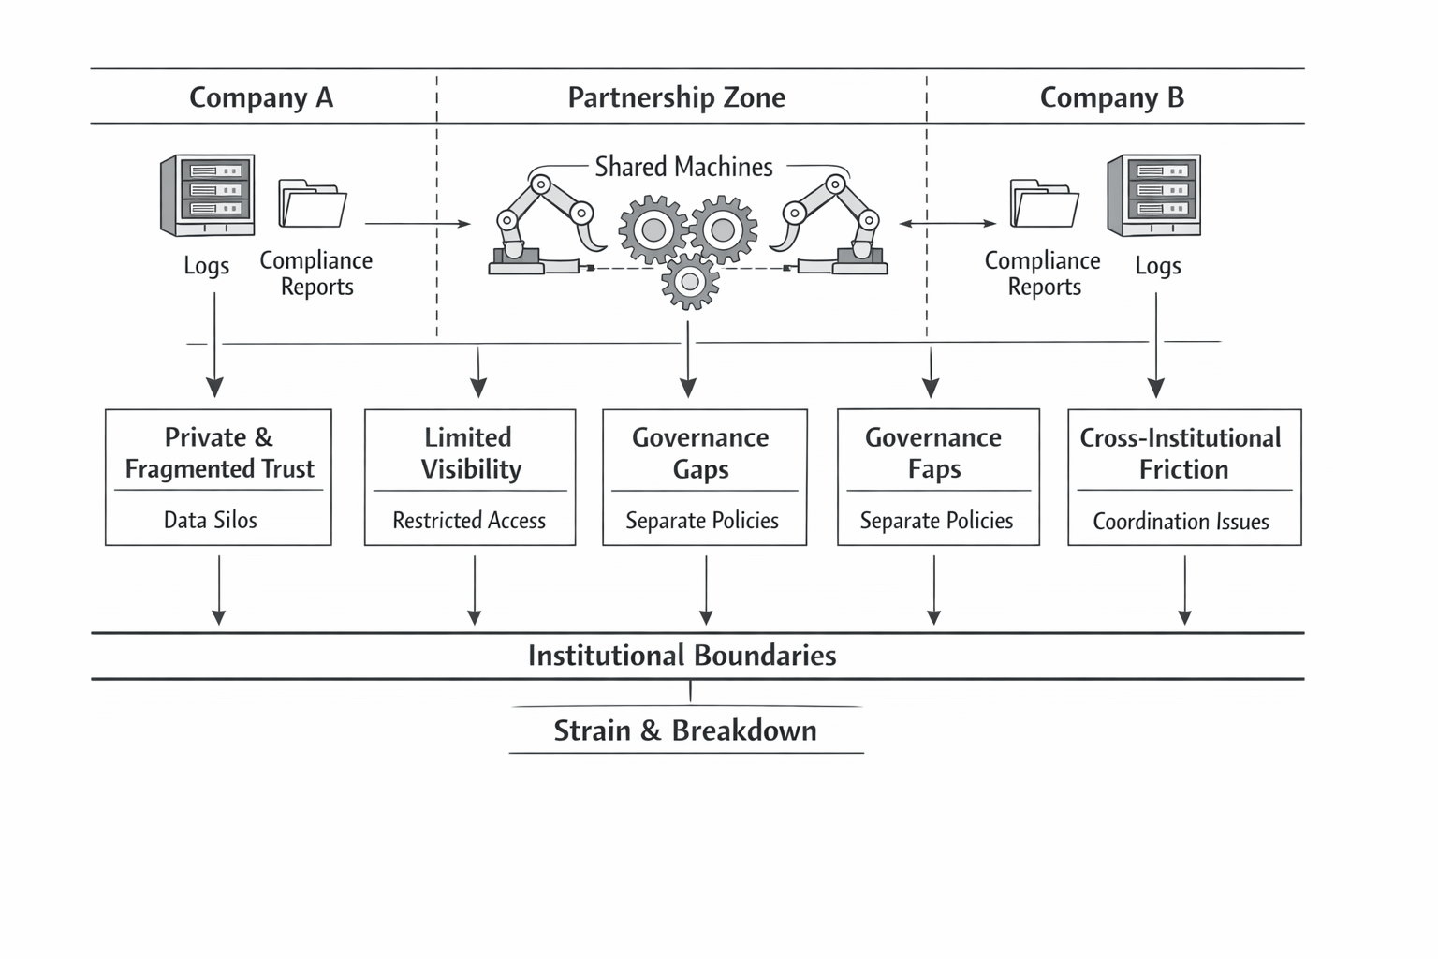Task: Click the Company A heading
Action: (261, 97)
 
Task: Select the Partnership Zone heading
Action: (676, 97)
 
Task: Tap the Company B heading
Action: (1111, 97)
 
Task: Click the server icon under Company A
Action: (207, 195)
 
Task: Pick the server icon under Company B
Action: (1153, 195)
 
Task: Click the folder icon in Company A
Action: (313, 203)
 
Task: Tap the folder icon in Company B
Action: (1044, 203)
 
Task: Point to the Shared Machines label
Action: (683, 167)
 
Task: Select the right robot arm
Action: (833, 225)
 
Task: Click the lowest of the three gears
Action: (690, 281)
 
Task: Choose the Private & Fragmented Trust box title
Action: (219, 452)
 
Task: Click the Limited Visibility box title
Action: (470, 452)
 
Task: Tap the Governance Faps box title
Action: (933, 452)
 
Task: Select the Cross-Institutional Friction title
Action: (1181, 452)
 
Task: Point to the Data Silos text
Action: (211, 520)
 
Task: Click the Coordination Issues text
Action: (1181, 521)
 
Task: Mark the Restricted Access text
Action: (469, 520)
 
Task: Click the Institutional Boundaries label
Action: (682, 656)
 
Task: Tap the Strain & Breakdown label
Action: (685, 730)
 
